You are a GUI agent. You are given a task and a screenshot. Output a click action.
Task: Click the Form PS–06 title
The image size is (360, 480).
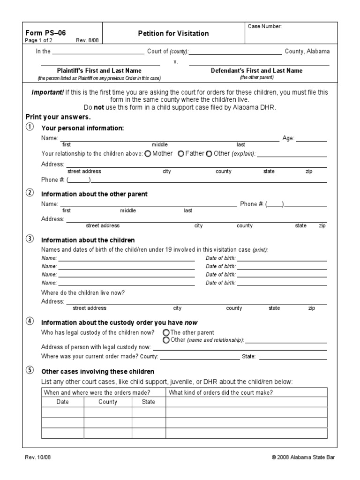point(41,33)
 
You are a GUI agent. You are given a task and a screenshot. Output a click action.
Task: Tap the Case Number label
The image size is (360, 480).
point(265,27)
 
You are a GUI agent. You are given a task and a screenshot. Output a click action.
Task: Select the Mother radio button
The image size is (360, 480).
point(148,154)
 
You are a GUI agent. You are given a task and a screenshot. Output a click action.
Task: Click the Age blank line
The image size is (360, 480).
point(311,139)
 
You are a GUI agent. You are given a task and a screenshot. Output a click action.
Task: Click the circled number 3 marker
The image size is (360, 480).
point(30,240)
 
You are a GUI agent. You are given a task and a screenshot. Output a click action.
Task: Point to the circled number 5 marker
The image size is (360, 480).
point(30,370)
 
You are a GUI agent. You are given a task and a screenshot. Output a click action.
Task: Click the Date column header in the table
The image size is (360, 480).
point(63,402)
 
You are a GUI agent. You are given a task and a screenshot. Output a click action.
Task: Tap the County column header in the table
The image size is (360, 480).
point(108,402)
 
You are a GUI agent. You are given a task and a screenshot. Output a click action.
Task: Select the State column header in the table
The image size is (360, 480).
point(148,402)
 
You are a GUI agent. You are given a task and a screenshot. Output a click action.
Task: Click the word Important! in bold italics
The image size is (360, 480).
point(47,92)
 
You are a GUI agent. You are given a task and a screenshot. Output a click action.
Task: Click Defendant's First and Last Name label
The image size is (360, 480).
point(256,71)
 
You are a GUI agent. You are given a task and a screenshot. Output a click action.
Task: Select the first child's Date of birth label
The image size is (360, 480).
point(221,258)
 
